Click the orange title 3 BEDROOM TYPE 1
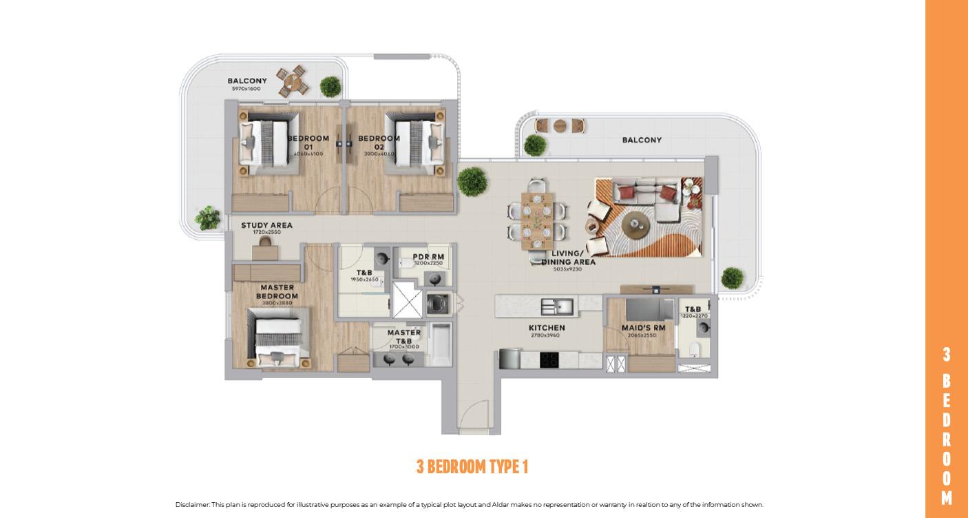[472, 466]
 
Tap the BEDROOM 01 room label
[308, 143]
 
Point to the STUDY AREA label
[266, 225]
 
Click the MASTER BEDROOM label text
[277, 291]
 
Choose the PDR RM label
[428, 257]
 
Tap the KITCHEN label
[547, 328]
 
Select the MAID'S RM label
[643, 328]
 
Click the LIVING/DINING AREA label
[568, 258]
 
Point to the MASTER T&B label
[403, 336]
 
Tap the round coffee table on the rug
[635, 222]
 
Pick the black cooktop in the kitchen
[549, 359]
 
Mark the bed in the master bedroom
[279, 340]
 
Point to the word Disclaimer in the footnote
[192, 505]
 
